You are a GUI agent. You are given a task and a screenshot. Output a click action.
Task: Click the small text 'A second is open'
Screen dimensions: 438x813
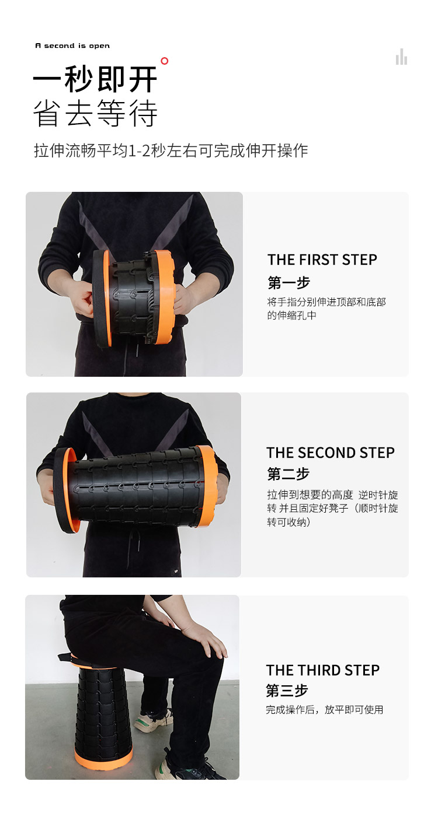tap(72, 45)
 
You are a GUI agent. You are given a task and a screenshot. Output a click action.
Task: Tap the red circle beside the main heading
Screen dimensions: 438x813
tap(165, 61)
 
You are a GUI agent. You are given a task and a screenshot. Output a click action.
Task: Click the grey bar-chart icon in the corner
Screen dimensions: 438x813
tap(401, 57)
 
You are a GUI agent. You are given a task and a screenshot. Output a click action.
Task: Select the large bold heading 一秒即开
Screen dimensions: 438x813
tap(95, 79)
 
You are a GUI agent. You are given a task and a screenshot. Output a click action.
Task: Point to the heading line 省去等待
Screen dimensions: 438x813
tap(95, 113)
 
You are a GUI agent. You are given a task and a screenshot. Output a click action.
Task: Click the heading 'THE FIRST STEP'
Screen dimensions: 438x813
tap(322, 260)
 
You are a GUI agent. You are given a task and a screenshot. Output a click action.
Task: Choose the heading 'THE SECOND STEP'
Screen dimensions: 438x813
tap(331, 453)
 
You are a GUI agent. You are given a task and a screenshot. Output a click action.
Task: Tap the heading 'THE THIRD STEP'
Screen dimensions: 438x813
tap(323, 670)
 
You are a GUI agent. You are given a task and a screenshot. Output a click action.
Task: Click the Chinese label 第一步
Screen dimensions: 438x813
tap(288, 282)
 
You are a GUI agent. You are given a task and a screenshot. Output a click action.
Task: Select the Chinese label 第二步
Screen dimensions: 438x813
tap(288, 474)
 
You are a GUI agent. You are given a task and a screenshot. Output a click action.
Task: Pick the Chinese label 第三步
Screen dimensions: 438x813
tap(287, 691)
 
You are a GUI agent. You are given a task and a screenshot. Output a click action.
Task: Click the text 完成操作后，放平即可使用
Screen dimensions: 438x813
tap(324, 710)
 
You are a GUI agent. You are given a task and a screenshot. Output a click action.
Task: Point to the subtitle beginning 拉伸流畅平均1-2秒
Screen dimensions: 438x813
tap(171, 150)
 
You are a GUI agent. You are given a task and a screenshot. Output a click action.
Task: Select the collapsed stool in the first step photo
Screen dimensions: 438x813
tap(133, 297)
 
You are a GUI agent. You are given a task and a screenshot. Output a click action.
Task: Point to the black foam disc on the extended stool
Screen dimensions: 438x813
tap(62, 490)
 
